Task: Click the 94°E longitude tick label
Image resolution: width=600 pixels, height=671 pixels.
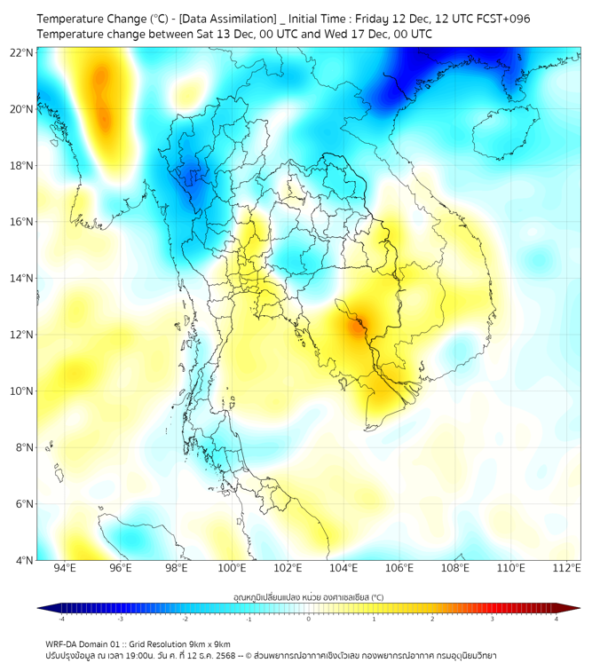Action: pyautogui.click(x=64, y=568)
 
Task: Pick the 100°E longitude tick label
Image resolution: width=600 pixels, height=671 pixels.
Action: pyautogui.click(x=232, y=568)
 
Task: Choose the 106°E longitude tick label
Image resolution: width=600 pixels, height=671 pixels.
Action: pyautogui.click(x=399, y=568)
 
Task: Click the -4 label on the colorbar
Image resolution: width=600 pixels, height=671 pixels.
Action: pyautogui.click(x=61, y=619)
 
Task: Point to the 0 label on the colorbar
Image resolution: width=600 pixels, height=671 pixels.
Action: pyautogui.click(x=309, y=619)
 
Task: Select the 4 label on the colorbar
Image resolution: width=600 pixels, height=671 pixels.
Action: pyautogui.click(x=557, y=619)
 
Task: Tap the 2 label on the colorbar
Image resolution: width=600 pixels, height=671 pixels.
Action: pyautogui.click(x=432, y=619)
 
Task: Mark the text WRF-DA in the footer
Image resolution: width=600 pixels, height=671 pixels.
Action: pyautogui.click(x=64, y=643)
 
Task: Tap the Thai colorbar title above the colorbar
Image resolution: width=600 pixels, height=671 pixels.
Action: pyautogui.click(x=308, y=597)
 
